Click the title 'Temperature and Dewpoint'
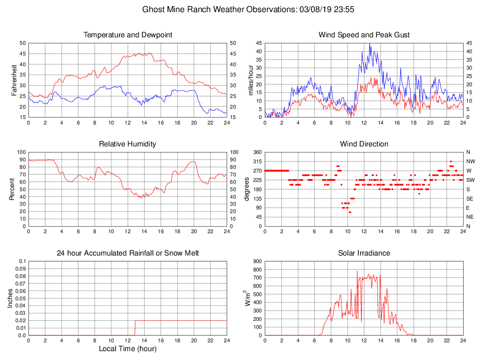(128, 35)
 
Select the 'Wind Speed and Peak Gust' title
(364, 35)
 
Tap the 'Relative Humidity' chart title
(128, 144)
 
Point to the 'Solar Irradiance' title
(364, 253)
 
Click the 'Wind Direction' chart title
(364, 144)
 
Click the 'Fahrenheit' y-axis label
(14, 80)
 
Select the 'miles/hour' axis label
(251, 80)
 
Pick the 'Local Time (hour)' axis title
(128, 349)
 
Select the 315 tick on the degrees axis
(257, 161)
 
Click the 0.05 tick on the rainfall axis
(21, 298)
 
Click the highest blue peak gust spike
(370, 44)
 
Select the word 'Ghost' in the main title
(153, 9)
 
